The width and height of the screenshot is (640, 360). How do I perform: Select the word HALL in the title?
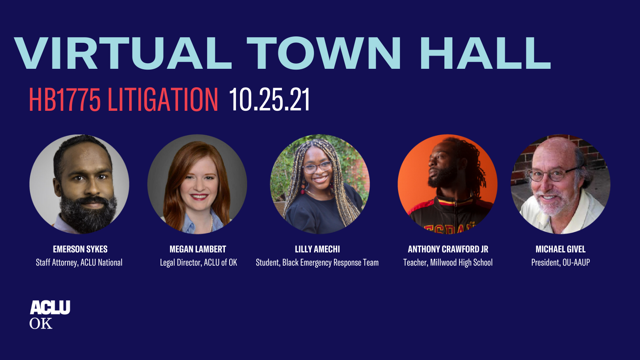tap(485, 54)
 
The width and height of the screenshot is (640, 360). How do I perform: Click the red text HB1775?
tap(64, 100)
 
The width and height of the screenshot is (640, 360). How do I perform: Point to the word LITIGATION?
tap(163, 100)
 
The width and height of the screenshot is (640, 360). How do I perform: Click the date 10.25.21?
tap(269, 100)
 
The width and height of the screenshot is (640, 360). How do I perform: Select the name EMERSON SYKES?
tap(80, 249)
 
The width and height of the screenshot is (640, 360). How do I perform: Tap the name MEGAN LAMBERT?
tap(198, 249)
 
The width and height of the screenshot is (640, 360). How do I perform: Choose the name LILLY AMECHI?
tap(317, 249)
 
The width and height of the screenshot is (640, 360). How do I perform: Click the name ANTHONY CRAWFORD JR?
tap(448, 249)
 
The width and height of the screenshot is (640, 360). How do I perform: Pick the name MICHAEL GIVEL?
tap(560, 249)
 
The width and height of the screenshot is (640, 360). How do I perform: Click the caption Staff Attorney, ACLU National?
tap(79, 262)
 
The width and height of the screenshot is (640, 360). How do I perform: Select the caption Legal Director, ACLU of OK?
tap(198, 262)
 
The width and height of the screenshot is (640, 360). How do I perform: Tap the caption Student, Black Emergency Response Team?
tap(317, 262)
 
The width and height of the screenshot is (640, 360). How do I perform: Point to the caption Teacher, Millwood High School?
tap(448, 262)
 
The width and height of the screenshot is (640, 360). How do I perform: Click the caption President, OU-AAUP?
tap(560, 262)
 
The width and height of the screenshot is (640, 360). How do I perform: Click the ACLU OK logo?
tap(50, 315)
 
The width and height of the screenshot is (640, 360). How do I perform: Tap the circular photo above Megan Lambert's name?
tap(197, 184)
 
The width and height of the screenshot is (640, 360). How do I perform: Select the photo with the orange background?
tap(448, 184)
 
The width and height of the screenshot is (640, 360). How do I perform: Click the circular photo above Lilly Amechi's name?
tap(320, 184)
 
